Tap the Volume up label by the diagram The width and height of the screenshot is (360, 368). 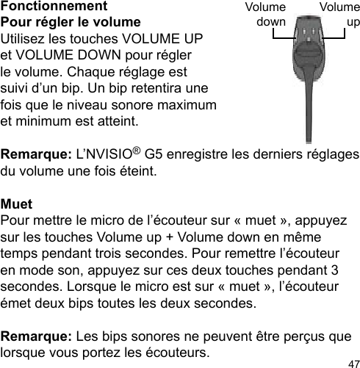click(340, 15)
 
